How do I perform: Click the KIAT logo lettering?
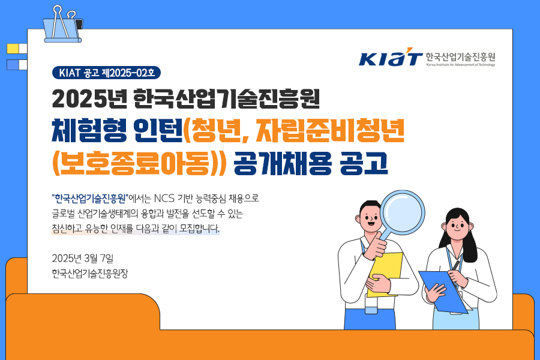pos(391,57)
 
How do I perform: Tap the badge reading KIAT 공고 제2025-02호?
pos(106,73)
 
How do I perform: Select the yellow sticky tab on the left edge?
pos(13,49)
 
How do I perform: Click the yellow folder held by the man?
pos(385,274)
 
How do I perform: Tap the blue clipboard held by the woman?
pos(443,292)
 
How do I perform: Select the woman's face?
pos(457,226)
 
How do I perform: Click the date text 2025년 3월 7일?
pos(83,258)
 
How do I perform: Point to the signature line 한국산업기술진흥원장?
pos(90,274)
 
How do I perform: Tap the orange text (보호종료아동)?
pos(139,163)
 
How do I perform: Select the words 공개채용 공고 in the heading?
pos(311,163)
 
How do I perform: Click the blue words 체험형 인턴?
pos(117,131)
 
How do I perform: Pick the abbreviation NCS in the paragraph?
pos(164,199)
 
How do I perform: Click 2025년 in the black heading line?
pos(90,98)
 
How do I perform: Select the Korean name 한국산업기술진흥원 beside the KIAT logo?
pos(460,56)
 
